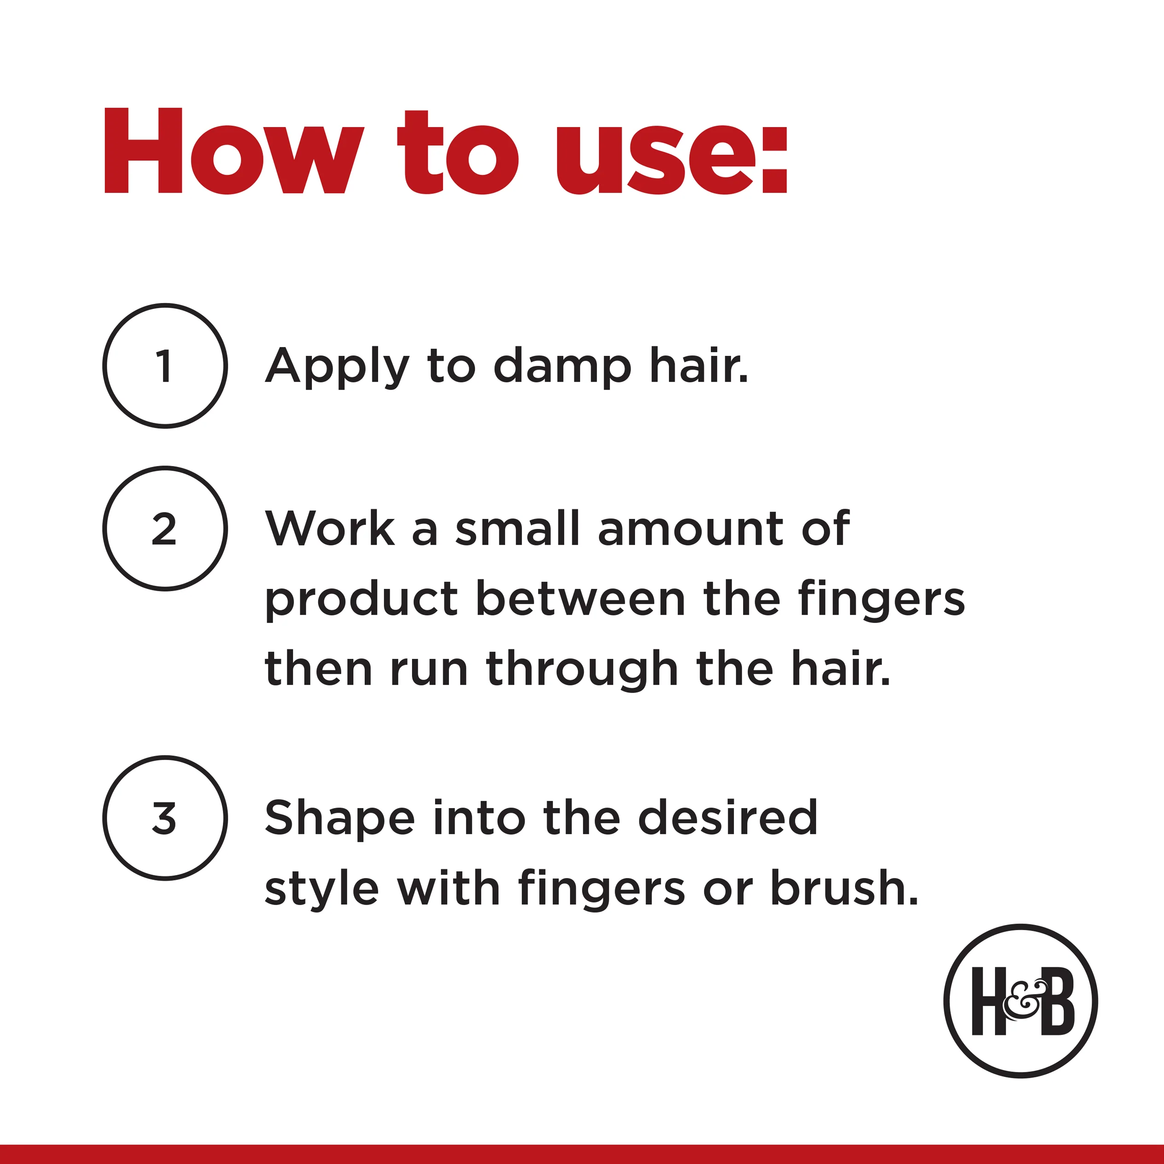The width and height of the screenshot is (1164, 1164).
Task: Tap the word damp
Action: click(562, 367)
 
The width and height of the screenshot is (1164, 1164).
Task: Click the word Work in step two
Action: click(330, 529)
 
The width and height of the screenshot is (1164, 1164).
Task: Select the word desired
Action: click(728, 818)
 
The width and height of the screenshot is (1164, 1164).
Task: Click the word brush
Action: click(845, 887)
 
